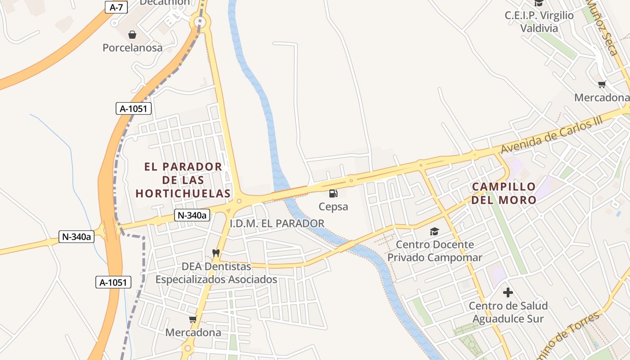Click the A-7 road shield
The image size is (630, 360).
[116, 7]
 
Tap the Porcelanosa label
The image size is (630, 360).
[132, 47]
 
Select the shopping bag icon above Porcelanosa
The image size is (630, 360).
[132, 35]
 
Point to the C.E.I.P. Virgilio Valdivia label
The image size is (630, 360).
[539, 22]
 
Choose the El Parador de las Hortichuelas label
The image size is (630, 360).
[183, 180]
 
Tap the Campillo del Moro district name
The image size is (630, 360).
[504, 193]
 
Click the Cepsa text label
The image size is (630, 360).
[333, 207]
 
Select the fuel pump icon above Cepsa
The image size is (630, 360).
[333, 193]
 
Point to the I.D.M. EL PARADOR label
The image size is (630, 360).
[277, 223]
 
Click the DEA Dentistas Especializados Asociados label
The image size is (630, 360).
[216, 273]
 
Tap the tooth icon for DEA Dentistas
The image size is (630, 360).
[216, 253]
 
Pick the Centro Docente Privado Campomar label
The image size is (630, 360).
[435, 251]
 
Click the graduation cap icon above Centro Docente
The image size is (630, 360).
[434, 232]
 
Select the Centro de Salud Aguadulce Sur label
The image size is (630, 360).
[508, 312]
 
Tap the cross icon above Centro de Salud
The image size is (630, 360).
[508, 293]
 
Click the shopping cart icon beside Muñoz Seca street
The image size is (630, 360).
[602, 84]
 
